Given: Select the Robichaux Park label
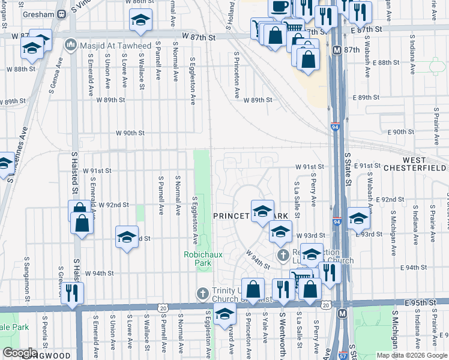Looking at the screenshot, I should tap(203, 259).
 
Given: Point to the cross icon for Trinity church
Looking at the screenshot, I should tap(203, 293).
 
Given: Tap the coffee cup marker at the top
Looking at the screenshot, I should tap(279, 7).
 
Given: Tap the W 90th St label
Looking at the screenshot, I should tap(130, 133).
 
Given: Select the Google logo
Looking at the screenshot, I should tap(20, 353).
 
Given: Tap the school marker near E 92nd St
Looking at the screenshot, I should tap(358, 220).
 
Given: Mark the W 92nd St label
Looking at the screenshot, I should tap(113, 205).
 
